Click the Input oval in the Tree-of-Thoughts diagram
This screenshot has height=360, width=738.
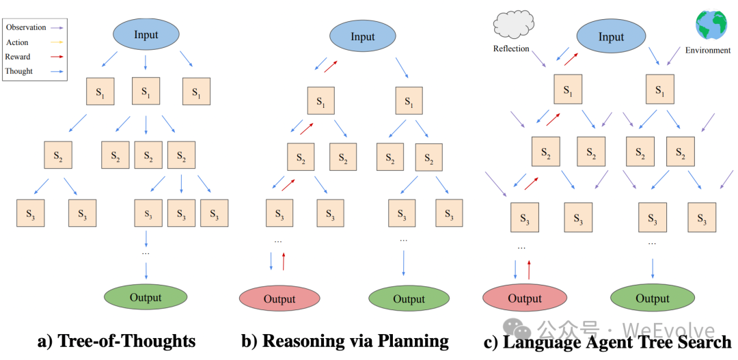click(x=146, y=35)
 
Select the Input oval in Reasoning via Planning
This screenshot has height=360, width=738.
click(x=363, y=36)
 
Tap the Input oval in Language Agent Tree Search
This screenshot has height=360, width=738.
click(x=611, y=36)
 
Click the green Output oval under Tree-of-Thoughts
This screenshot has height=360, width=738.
click(x=146, y=297)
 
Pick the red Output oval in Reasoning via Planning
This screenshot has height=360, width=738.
click(x=279, y=299)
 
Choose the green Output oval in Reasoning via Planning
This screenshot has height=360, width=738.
click(x=409, y=299)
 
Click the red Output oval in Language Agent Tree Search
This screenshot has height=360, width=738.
click(x=524, y=298)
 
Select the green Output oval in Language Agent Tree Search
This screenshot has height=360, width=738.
click(x=652, y=298)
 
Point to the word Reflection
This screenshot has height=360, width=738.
click(x=512, y=49)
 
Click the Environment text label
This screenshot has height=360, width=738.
click(x=708, y=50)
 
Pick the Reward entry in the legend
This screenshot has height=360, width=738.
click(x=18, y=57)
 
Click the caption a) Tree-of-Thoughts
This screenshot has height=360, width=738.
click(x=117, y=341)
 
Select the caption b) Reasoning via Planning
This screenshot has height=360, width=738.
click(x=345, y=341)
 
